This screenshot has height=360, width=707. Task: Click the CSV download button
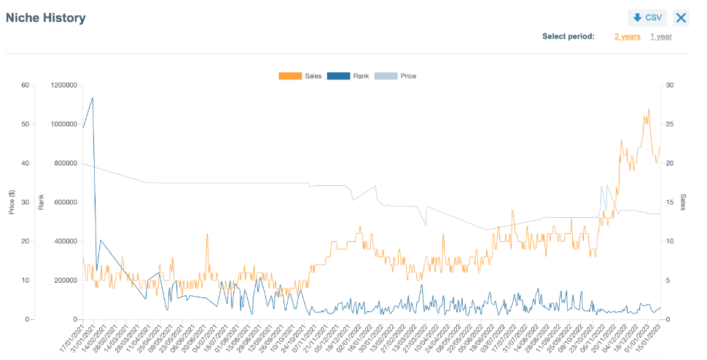click(x=647, y=18)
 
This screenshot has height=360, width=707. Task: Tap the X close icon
click(x=681, y=18)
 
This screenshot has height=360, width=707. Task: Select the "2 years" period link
click(x=627, y=36)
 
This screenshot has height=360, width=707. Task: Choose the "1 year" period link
click(x=660, y=36)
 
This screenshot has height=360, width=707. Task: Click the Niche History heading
click(x=46, y=18)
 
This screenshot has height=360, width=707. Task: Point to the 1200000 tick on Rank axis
click(x=63, y=85)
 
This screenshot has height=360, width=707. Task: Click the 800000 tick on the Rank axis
click(x=65, y=163)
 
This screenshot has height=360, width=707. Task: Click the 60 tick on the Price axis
click(x=25, y=85)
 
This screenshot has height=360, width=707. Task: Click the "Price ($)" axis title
click(x=12, y=202)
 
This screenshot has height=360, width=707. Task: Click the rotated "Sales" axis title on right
click(x=683, y=202)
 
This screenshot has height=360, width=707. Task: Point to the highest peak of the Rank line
click(x=92, y=98)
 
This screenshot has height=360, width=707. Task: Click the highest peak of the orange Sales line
click(x=648, y=109)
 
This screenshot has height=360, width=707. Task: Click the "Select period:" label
click(x=568, y=36)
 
